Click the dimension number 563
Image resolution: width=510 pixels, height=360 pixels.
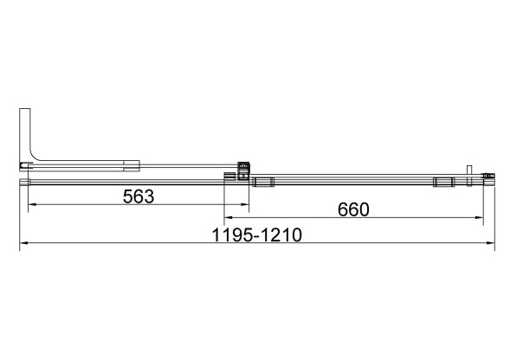click(139, 196)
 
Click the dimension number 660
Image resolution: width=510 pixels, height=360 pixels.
click(353, 209)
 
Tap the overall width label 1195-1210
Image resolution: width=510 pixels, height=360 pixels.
click(257, 235)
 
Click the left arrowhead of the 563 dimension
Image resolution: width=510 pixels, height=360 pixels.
click(32, 204)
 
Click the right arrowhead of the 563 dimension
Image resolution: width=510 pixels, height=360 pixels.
click(245, 204)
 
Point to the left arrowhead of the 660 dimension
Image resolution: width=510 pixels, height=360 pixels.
click(228, 217)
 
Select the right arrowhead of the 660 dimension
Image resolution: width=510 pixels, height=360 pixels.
click(480, 217)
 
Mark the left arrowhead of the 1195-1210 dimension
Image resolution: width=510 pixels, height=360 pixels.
click(23, 242)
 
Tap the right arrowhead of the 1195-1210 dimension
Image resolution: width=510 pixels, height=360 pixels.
click(491, 242)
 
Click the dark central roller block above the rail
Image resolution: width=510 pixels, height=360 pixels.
click(243, 170)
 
